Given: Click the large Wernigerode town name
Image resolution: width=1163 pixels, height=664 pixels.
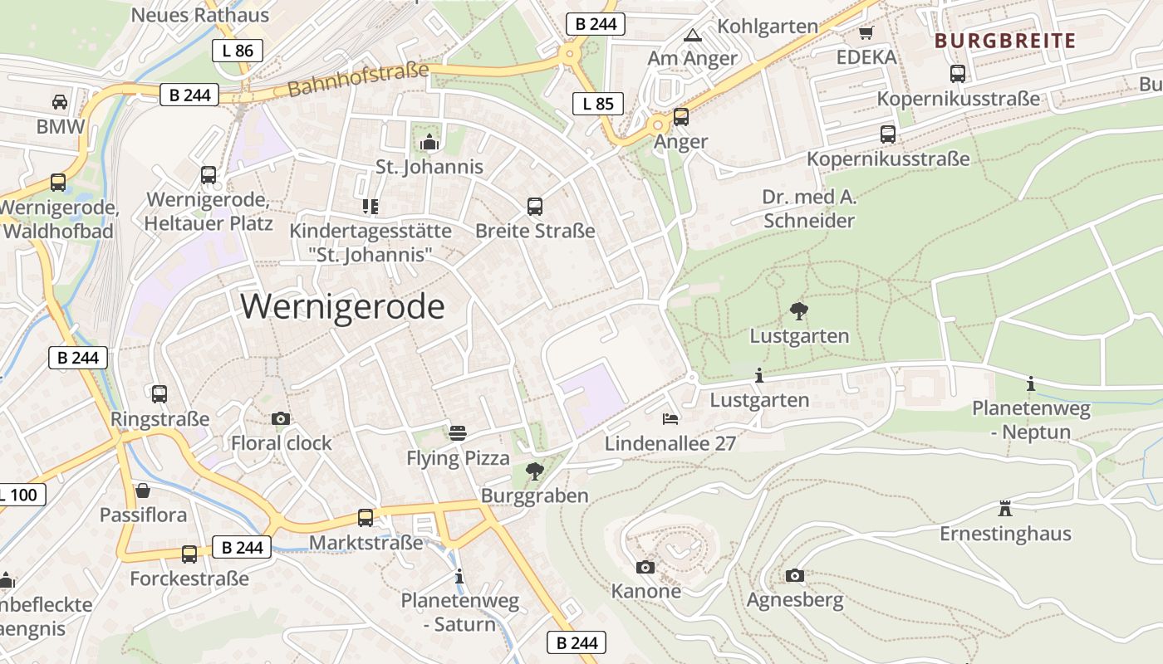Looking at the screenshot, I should [343, 307].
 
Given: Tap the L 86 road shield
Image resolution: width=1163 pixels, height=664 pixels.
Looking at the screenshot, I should [238, 51].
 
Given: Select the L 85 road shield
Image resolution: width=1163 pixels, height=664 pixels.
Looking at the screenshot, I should [598, 104].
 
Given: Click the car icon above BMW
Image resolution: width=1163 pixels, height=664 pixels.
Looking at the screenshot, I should [60, 102].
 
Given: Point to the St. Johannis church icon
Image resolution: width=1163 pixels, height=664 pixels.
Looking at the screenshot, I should [429, 143].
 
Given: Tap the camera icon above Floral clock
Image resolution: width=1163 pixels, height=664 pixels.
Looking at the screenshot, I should [281, 418].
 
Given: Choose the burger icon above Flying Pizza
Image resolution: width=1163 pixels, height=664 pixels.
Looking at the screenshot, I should [458, 432].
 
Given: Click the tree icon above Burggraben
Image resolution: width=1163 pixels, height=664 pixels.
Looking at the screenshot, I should [535, 471].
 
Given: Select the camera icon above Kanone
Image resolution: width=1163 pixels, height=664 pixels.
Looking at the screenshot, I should [645, 567].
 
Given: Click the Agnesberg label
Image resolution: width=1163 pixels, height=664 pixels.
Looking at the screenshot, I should [795, 599].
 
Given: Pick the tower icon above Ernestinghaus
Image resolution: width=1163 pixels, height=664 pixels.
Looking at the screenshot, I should [1005, 508].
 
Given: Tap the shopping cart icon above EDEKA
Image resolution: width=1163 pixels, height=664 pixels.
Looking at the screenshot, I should [866, 33].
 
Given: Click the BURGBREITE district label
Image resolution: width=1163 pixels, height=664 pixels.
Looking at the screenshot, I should [1005, 41].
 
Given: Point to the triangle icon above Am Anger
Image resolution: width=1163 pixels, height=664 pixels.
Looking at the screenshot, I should [692, 35].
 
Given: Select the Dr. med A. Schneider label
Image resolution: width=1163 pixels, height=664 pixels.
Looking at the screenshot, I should [809, 209].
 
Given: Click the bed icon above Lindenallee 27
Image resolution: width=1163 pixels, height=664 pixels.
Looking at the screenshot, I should [670, 418].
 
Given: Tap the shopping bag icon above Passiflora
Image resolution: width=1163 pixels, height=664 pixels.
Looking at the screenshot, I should [143, 491].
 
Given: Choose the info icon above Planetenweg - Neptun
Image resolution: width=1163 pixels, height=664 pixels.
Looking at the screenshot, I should [1031, 383].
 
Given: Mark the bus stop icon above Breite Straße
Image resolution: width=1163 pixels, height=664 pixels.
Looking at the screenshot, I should [535, 206].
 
